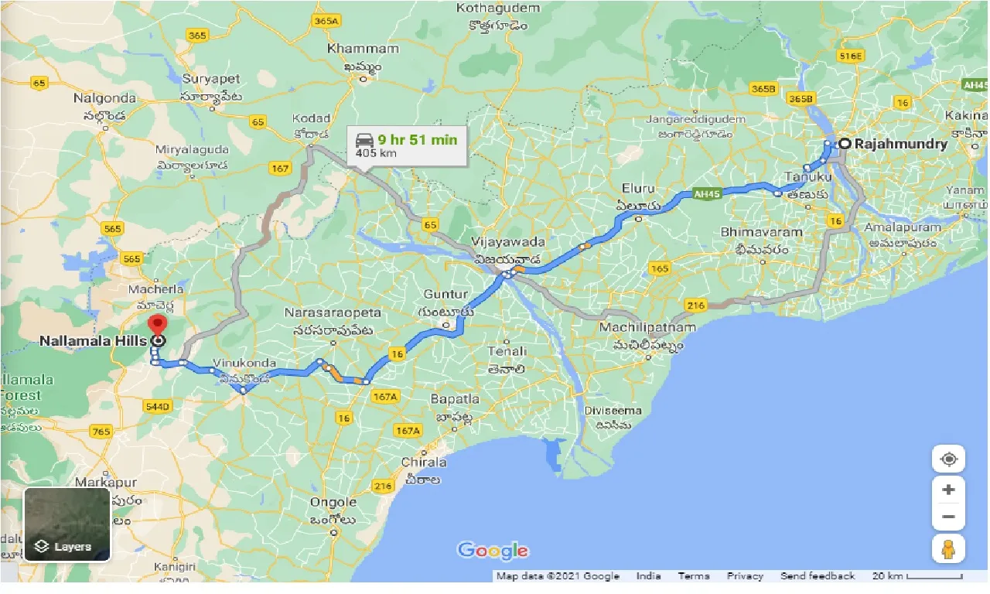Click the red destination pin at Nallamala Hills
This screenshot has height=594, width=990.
tap(158, 326)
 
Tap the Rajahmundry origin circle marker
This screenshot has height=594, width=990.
tap(845, 143)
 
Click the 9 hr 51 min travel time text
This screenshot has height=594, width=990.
tap(417, 139)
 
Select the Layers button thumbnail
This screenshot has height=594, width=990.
tap(67, 524)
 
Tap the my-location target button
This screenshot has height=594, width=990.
tap(948, 459)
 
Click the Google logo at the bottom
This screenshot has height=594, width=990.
tap(493, 551)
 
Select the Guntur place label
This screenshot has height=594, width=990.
tap(445, 294)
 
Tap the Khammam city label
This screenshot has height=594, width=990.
tap(363, 49)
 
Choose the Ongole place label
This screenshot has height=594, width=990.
tap(333, 502)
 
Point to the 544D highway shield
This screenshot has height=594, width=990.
tap(158, 406)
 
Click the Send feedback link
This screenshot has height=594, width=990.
tap(818, 576)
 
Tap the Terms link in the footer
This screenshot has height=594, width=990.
tap(694, 576)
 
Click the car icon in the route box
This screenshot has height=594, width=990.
tap(364, 140)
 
